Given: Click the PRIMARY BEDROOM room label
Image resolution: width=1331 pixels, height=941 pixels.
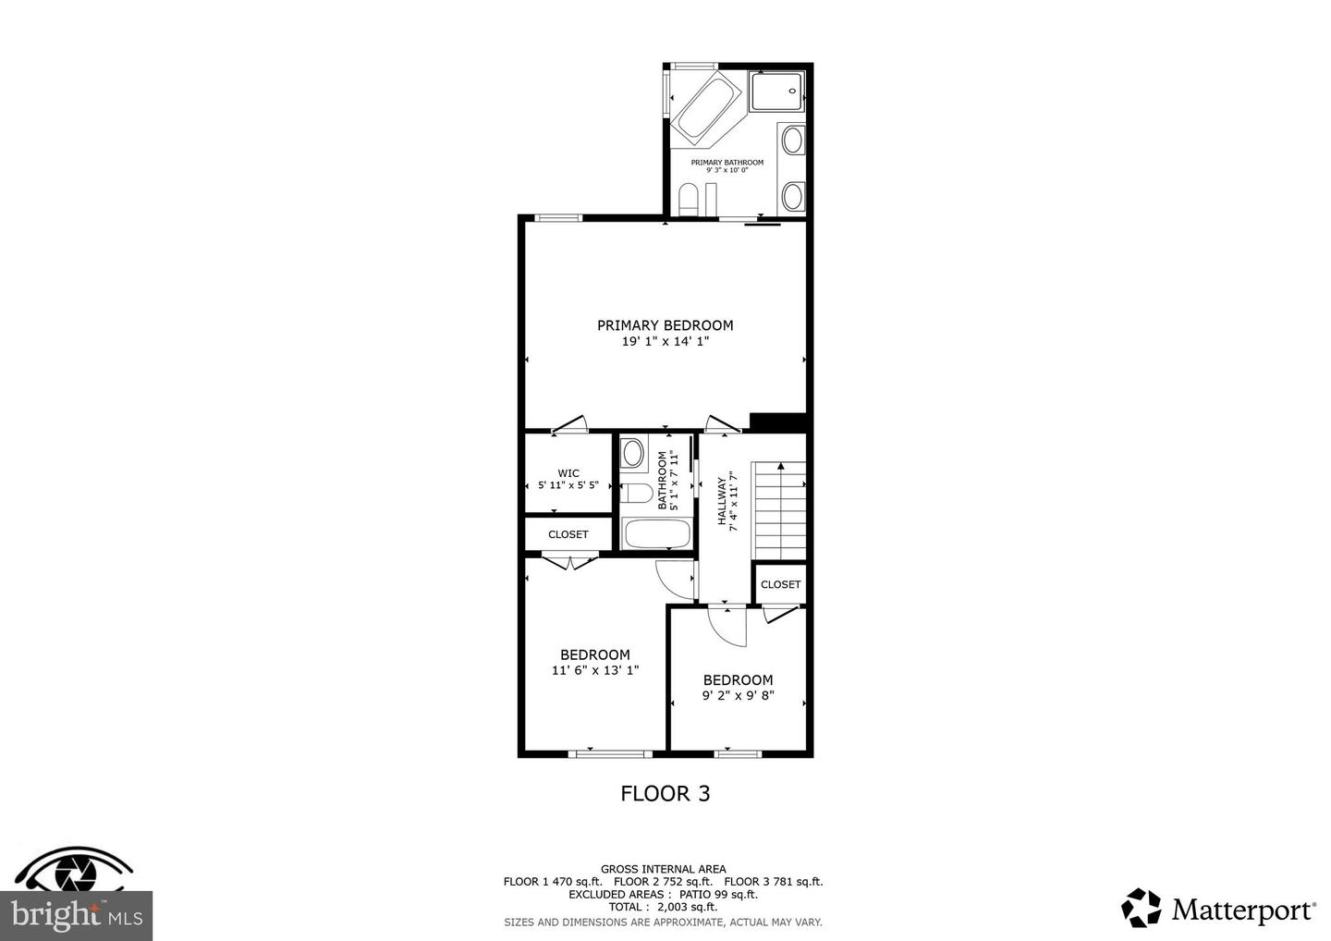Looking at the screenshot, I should pos(665,325).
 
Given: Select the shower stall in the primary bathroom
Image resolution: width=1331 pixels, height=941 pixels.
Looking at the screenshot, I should pos(776,92).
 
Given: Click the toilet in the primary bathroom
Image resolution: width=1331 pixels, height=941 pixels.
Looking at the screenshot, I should pos(688,199).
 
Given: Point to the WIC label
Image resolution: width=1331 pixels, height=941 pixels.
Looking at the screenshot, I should pos(568,473).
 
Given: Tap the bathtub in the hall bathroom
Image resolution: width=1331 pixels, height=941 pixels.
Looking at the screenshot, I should pos(656,534).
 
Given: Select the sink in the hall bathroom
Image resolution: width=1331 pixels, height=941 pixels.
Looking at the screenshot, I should pos(633,453).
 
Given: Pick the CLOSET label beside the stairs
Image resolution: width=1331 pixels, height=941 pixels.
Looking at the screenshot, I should pos(780,584).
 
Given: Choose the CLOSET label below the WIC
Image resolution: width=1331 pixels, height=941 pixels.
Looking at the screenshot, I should pos(568,534).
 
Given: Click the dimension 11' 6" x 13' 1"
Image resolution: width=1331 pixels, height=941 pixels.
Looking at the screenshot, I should pos(595,670).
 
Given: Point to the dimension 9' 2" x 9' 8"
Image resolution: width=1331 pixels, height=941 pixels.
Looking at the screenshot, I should pos(738,695).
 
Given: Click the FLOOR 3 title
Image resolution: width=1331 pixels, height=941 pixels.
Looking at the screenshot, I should pos(665,793).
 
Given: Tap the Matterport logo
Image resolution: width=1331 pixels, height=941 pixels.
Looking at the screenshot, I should pos(1219,909).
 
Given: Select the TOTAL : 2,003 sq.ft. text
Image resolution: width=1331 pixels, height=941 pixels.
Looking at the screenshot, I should pos(662,908).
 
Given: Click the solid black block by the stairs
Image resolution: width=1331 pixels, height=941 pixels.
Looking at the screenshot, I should pos(778,422).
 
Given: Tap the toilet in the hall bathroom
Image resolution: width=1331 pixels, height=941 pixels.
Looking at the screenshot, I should pos(636,493).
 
